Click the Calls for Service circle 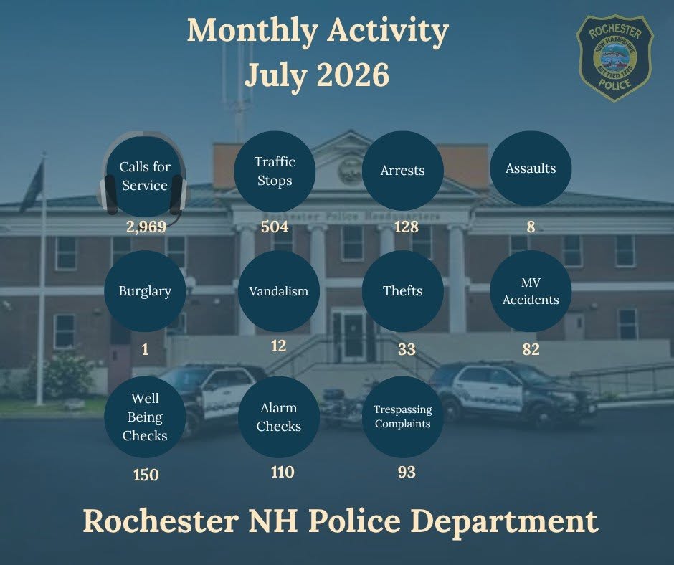(x=145, y=176)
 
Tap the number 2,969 (x=146, y=227)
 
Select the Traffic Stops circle (x=275, y=171)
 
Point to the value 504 (x=275, y=227)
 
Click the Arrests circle (x=403, y=171)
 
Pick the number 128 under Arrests (x=407, y=227)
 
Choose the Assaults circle (x=531, y=168)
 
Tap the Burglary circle (x=145, y=291)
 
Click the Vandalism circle (x=278, y=291)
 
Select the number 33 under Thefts (x=407, y=349)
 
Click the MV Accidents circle (x=531, y=291)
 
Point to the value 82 (x=531, y=349)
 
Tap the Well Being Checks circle (x=145, y=417)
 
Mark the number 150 (x=146, y=475)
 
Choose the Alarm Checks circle (x=278, y=417)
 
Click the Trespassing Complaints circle (x=403, y=417)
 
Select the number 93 (x=407, y=472)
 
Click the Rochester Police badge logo (x=614, y=58)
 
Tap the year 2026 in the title (x=353, y=75)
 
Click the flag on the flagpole (x=32, y=185)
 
